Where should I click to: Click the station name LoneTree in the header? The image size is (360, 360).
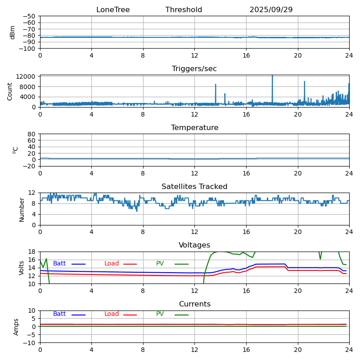pos(113,10)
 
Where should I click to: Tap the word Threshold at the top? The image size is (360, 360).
pos(184,10)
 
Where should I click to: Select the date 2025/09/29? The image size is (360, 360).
pos(271,10)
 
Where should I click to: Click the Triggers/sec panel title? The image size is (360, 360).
pos(194,69)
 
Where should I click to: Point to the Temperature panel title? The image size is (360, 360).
pos(194,128)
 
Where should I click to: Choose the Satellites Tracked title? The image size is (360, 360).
pos(194,187)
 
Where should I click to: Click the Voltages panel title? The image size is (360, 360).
pos(194,245)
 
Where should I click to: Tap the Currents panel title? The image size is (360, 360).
pos(194,304)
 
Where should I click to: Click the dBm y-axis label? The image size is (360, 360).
pos(13,32)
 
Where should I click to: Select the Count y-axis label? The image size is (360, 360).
pos(10,91)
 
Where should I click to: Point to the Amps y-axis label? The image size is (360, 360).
pos(16,327)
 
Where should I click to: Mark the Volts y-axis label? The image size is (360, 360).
pos(22,268)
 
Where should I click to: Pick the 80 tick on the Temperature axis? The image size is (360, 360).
pos(32,134)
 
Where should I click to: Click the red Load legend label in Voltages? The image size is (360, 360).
pos(112,264)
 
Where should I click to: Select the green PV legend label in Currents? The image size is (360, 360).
pos(160,314)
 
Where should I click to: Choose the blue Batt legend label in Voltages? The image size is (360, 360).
pos(59,264)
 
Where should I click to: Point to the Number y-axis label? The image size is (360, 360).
pos(22,209)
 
